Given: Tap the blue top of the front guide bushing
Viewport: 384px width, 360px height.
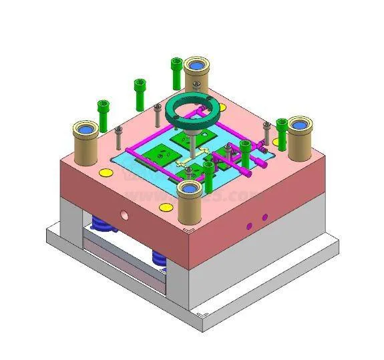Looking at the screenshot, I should [190, 188].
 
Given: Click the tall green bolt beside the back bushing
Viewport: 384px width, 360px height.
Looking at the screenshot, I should [176, 72].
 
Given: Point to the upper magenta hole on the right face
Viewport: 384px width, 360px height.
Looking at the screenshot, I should [264, 217].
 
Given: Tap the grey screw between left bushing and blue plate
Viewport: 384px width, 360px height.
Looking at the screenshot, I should [118, 136].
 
